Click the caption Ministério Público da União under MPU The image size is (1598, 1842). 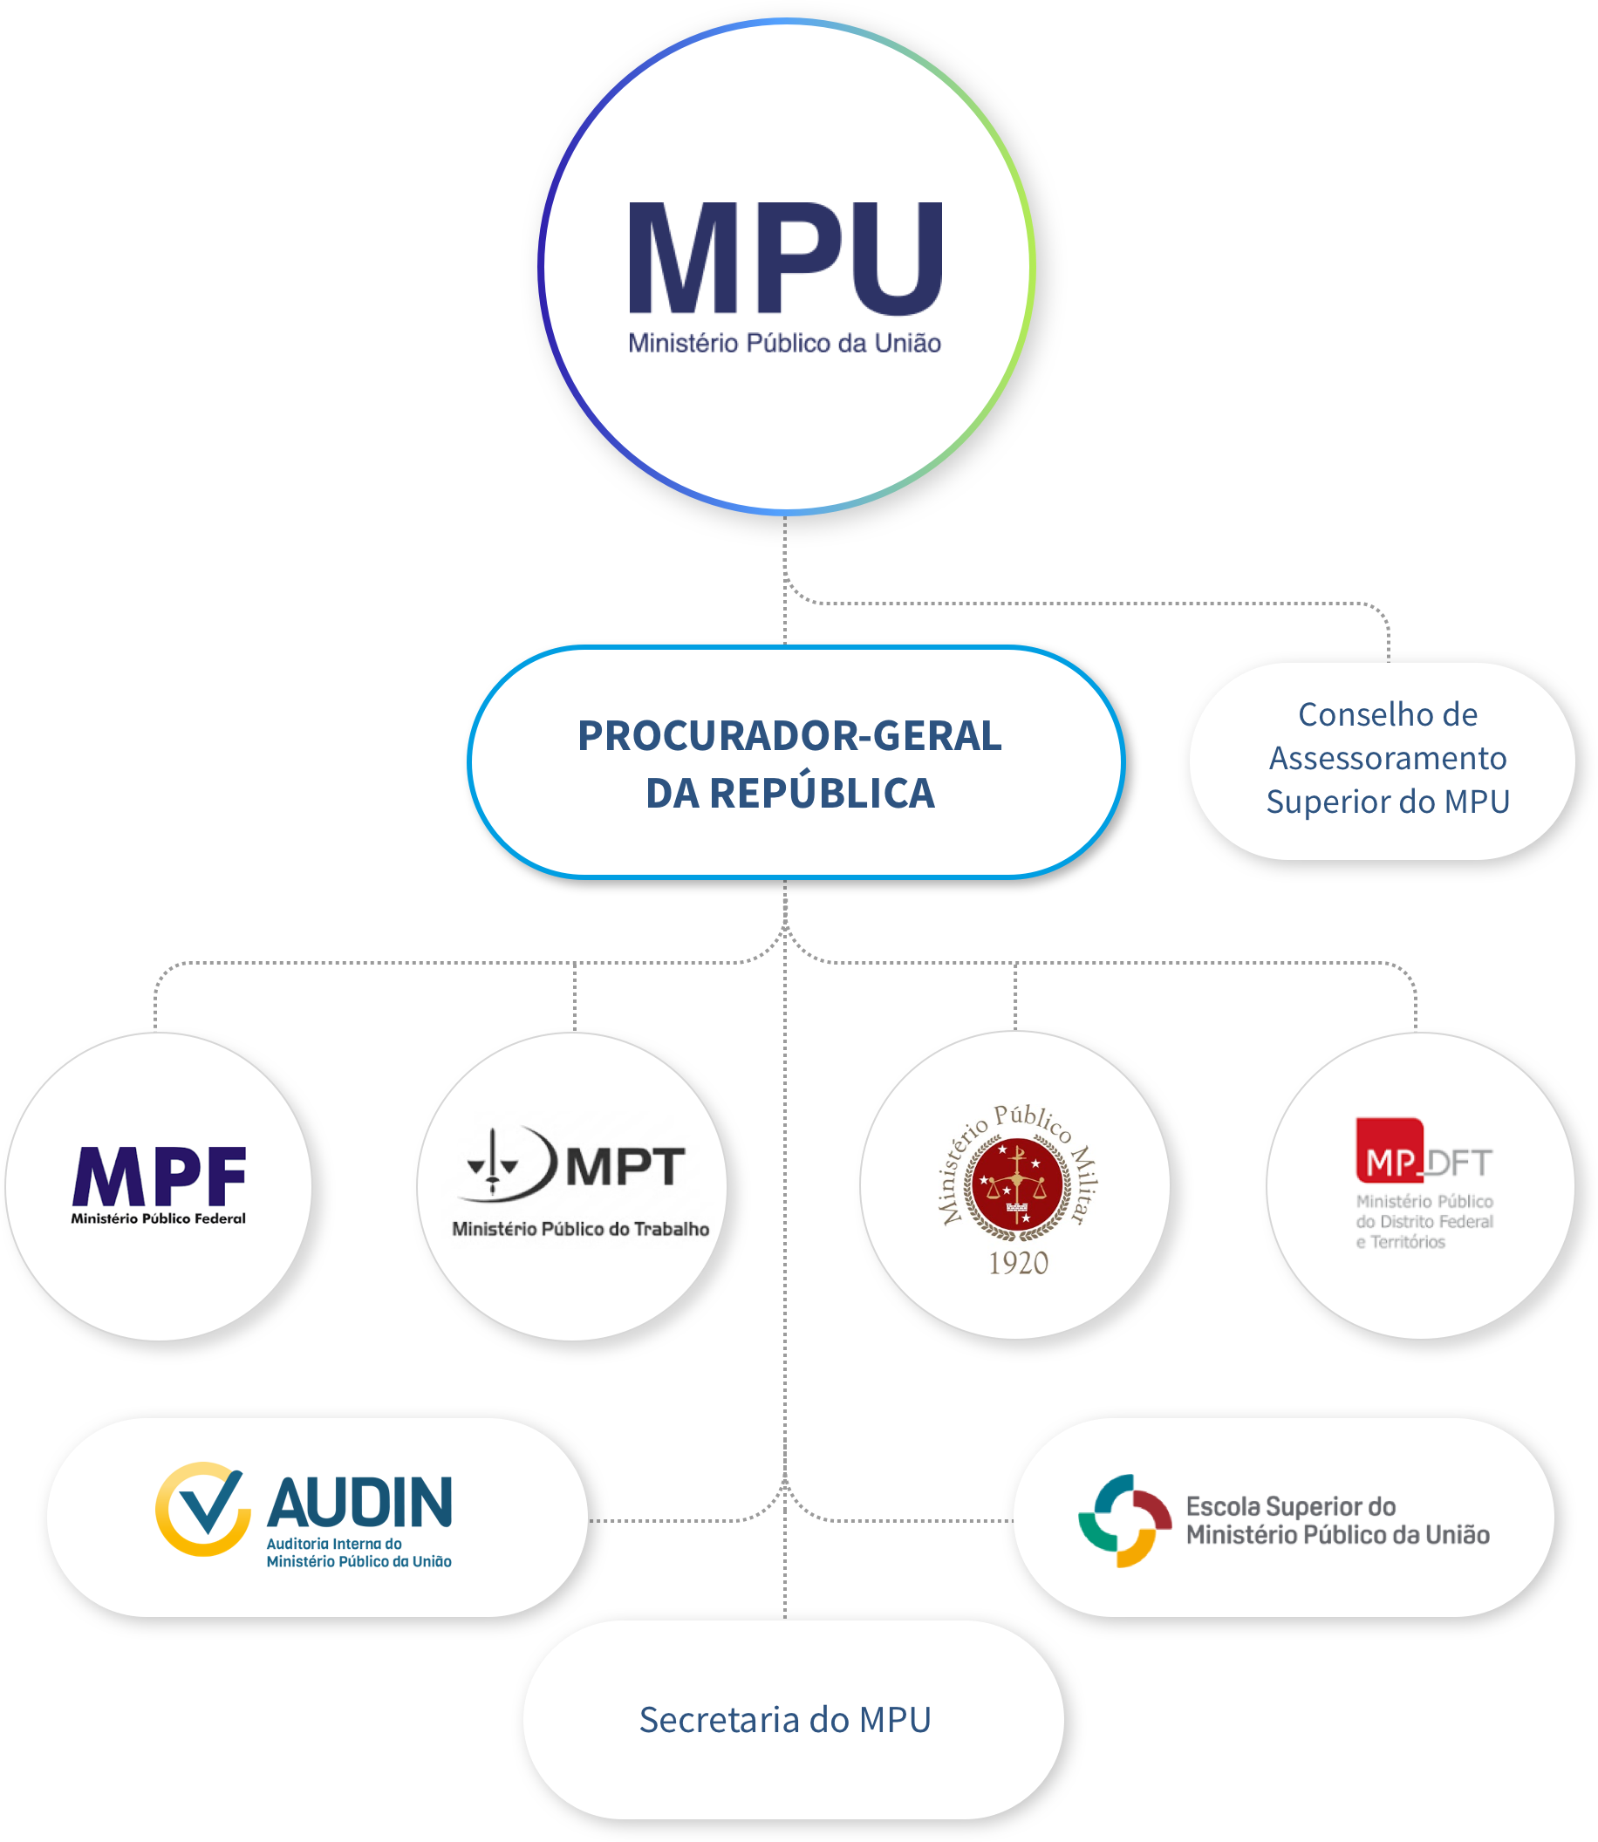(x=785, y=344)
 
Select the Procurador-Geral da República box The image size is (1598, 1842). (x=796, y=762)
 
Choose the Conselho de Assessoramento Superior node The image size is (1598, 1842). (x=1383, y=761)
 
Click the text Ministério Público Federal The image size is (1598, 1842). (x=159, y=1218)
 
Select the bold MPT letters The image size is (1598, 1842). (x=625, y=1167)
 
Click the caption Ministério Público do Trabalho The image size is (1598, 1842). (x=581, y=1230)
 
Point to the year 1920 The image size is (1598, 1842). (x=1018, y=1263)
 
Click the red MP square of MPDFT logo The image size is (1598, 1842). (x=1389, y=1150)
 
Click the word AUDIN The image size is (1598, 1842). (x=360, y=1503)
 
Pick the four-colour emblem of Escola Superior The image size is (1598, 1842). (x=1124, y=1521)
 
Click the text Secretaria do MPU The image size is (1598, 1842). (x=785, y=1720)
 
